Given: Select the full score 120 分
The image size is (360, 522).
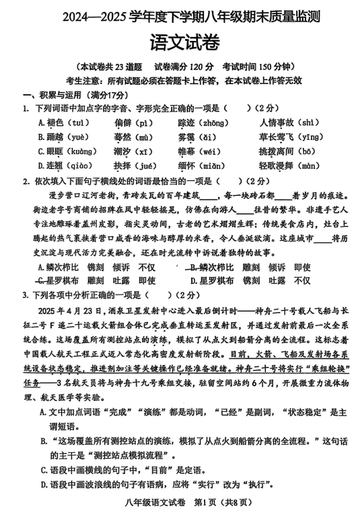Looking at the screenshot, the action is [199, 67].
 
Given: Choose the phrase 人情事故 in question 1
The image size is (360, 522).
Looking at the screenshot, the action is [277, 122].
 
